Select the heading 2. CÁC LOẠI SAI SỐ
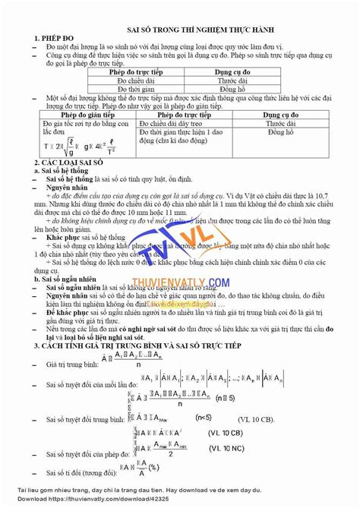coord(69,163)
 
